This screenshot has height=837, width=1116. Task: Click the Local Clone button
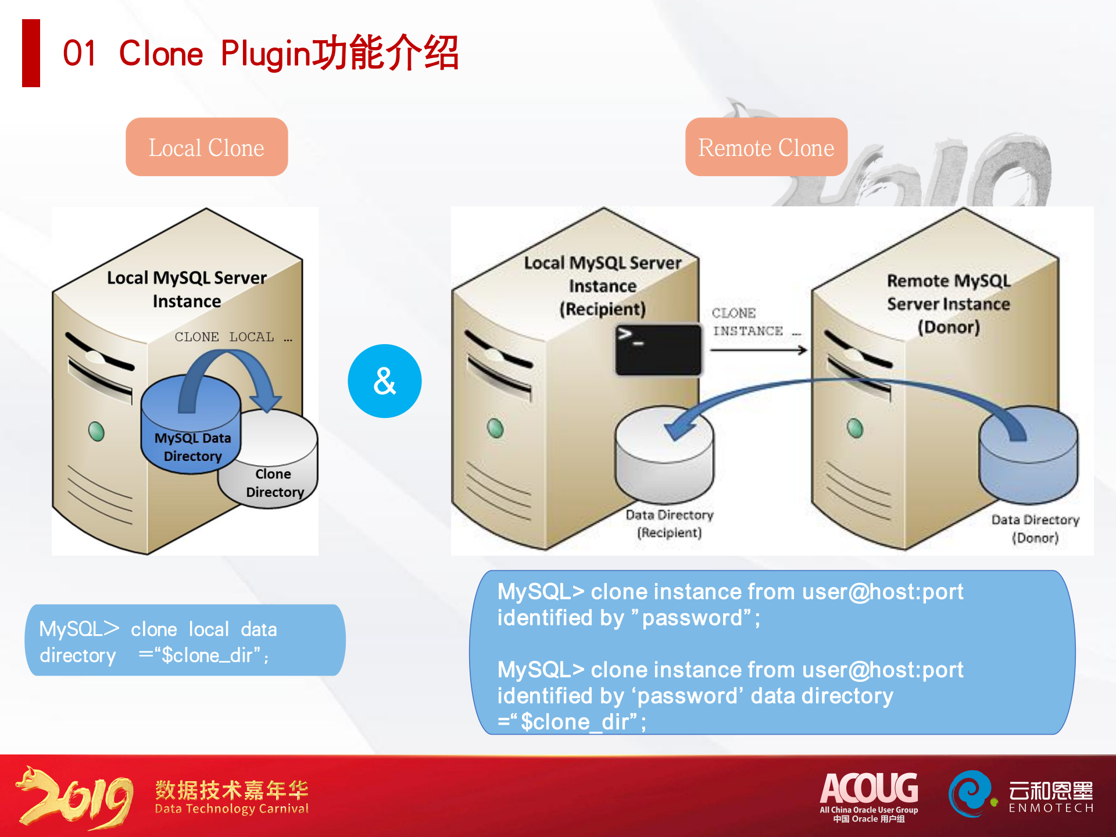(206, 147)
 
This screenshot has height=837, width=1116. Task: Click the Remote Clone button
(766, 147)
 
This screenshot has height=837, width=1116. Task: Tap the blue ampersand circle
(384, 381)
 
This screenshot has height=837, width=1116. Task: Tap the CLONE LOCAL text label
(224, 337)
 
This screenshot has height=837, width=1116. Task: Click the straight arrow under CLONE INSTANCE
(759, 350)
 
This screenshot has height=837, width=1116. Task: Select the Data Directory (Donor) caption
(1035, 528)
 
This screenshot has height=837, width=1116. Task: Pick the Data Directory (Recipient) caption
(670, 524)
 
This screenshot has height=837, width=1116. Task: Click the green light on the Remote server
(855, 428)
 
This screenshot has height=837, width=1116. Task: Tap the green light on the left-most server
(96, 431)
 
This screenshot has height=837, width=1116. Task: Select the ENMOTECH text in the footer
(1051, 808)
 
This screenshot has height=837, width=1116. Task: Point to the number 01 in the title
(80, 53)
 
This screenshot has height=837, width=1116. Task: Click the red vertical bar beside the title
(31, 53)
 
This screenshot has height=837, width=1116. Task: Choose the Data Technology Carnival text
(231, 809)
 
